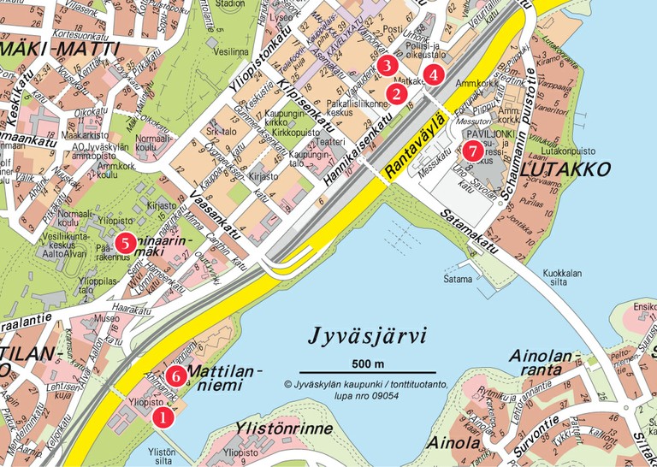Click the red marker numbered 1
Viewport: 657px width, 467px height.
tap(161, 417)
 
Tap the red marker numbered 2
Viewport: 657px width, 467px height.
tap(396, 93)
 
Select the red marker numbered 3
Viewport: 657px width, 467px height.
tap(387, 65)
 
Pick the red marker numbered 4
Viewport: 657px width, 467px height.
tap(435, 74)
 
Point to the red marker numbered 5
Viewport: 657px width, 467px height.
tap(126, 242)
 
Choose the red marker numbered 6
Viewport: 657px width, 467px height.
tap(176, 375)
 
